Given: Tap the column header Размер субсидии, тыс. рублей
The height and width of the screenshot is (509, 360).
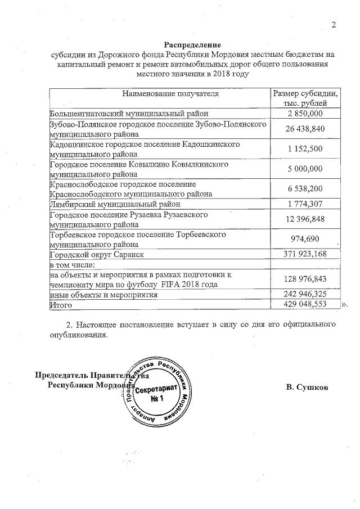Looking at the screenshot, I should (x=305, y=98).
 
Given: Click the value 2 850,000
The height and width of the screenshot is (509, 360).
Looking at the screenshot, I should (x=305, y=114).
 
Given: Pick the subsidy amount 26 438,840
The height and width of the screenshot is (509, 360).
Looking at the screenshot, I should (x=305, y=129).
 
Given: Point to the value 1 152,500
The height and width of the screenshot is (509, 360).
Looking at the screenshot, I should (x=305, y=149).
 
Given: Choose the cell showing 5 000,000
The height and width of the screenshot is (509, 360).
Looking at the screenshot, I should (x=305, y=169).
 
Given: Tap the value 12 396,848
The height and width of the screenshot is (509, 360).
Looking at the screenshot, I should (x=305, y=219).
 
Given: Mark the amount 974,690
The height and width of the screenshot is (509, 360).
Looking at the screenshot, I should (x=305, y=239).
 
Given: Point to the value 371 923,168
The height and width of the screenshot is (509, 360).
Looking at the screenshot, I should (x=305, y=255).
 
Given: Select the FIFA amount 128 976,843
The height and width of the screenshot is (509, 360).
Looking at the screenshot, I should (x=305, y=279).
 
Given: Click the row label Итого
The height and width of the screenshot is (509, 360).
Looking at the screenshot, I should (x=61, y=305).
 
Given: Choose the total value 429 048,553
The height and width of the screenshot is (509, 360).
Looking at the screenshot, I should (x=305, y=304).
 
